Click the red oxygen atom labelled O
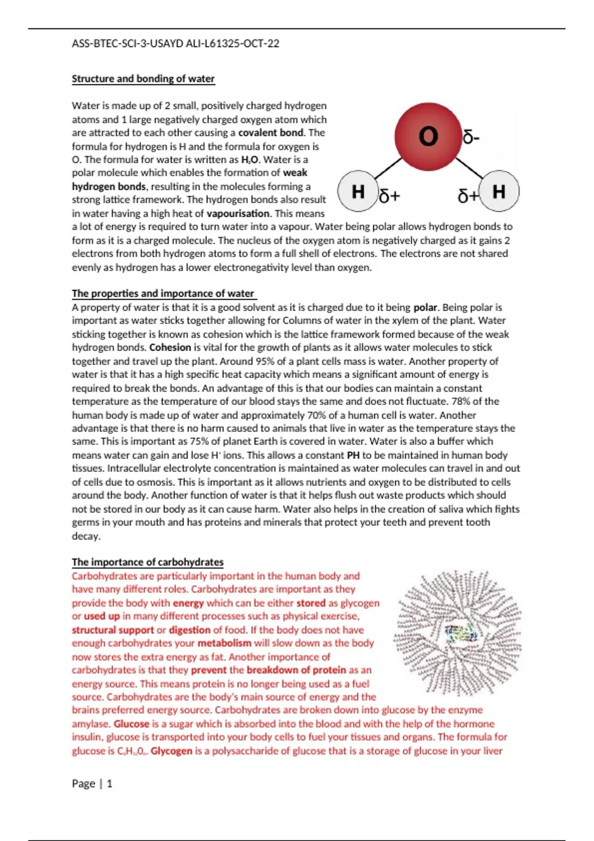[428, 136]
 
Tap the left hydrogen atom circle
[358, 191]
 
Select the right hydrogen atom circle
[499, 191]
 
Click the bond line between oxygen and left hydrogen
[389, 168]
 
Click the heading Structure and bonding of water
[143, 79]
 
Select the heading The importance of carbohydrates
[148, 562]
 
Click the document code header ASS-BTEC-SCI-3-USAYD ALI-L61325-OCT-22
[175, 44]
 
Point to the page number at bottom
[92, 784]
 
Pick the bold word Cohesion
[170, 347]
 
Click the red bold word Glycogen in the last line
[171, 751]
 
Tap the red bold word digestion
[190, 630]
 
